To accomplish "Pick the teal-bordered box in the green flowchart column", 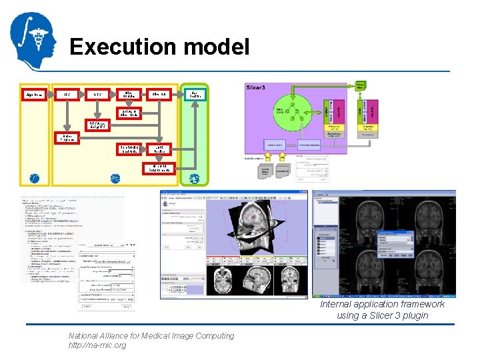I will pyautogui.click(x=194, y=95).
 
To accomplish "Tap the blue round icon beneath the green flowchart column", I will pyautogui.click(x=194, y=179).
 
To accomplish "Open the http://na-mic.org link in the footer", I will pyautogui.click(x=97, y=345).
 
